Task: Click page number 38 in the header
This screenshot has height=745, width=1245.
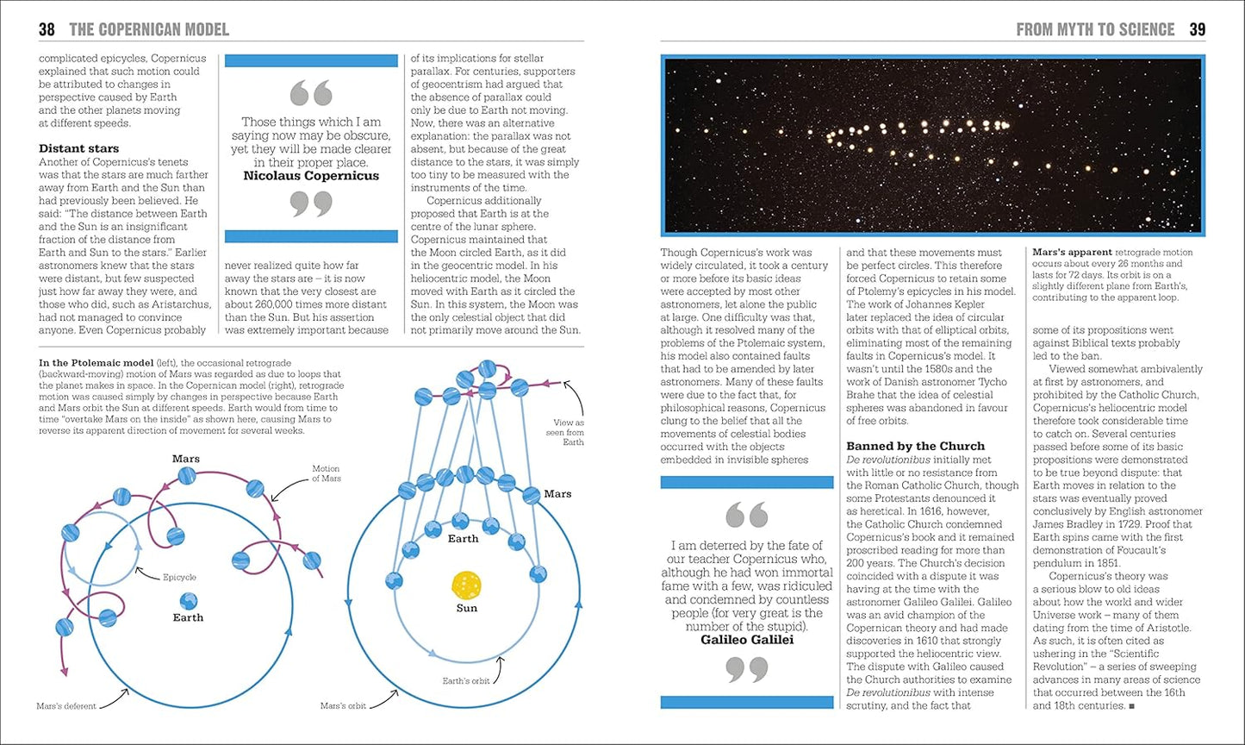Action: (x=47, y=30)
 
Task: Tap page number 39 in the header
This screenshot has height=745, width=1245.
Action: (x=1197, y=30)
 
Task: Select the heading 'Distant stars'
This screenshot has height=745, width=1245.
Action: (x=79, y=148)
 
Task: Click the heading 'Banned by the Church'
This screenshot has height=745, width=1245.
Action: (x=915, y=446)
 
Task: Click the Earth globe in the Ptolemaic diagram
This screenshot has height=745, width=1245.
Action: (x=188, y=601)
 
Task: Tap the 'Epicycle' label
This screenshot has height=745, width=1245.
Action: (x=179, y=577)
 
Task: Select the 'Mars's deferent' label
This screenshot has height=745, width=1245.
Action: (x=66, y=705)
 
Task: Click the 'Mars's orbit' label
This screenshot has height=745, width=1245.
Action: (x=343, y=705)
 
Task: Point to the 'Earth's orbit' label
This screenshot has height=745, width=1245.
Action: (x=465, y=680)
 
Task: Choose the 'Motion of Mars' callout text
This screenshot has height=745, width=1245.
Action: (x=326, y=474)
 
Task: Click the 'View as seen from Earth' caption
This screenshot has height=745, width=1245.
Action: (x=568, y=433)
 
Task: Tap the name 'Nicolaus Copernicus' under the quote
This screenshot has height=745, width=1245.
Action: (x=311, y=176)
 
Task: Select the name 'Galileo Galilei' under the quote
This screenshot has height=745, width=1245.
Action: (x=747, y=640)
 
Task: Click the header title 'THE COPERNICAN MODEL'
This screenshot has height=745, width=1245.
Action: (x=149, y=30)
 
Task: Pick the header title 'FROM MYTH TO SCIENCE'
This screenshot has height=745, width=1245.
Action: (x=1095, y=30)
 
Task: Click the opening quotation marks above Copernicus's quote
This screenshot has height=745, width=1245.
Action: (x=311, y=92)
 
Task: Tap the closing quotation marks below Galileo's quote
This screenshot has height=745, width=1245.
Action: (x=746, y=670)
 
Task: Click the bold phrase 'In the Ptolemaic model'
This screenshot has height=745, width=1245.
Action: (x=96, y=362)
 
